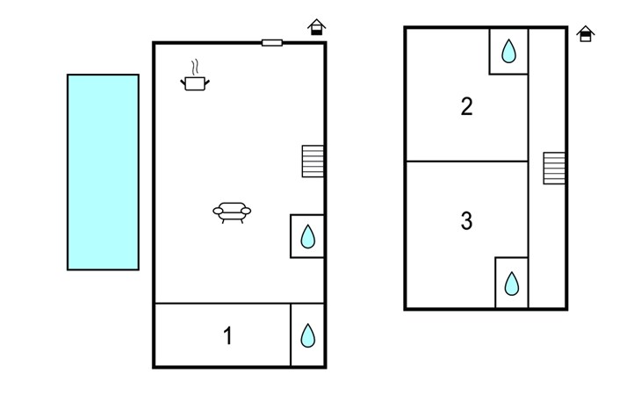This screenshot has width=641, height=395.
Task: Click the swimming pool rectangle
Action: (x=103, y=172)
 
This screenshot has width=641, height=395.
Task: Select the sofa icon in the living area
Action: (x=232, y=212)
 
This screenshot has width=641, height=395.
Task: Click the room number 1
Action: (x=227, y=336)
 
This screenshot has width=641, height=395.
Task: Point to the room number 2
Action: (x=466, y=106)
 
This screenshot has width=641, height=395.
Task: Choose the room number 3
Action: (x=466, y=220)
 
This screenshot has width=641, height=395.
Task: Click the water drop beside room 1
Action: (x=308, y=335)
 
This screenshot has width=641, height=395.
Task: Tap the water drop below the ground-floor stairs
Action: (x=308, y=236)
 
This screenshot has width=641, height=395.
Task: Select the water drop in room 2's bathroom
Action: (x=508, y=51)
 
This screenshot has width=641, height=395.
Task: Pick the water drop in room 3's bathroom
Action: (x=511, y=284)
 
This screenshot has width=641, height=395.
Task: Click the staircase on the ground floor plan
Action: (x=313, y=162)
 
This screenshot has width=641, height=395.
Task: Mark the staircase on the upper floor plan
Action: (x=554, y=168)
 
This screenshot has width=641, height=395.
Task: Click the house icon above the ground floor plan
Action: (x=316, y=27)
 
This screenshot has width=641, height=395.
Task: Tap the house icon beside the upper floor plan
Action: (x=586, y=34)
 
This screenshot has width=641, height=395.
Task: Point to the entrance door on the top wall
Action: (x=272, y=42)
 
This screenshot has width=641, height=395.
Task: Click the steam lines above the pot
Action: (x=196, y=68)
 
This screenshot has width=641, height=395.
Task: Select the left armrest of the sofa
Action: (x=219, y=211)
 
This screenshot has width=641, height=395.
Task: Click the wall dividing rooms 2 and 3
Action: (x=466, y=162)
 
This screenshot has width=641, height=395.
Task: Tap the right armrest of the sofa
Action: (x=246, y=211)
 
